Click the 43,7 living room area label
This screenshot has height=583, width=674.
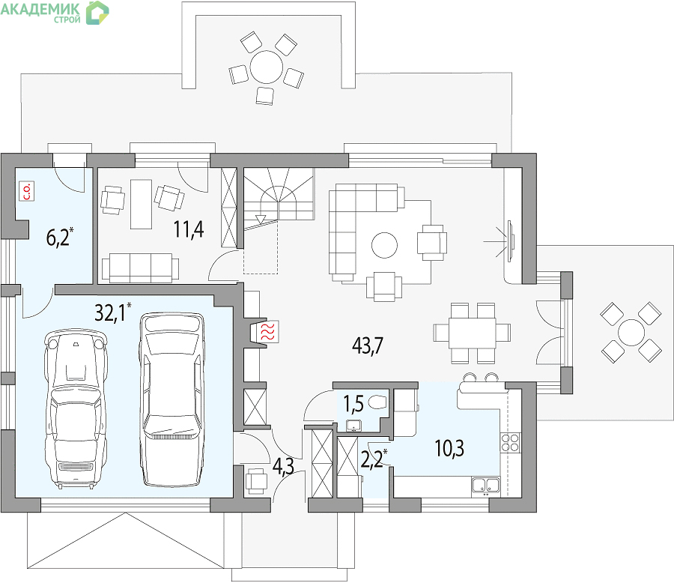point(368,345)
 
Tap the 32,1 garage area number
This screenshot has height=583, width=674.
point(111,312)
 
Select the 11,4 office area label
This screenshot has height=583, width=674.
point(189,229)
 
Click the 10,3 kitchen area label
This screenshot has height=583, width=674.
point(449,449)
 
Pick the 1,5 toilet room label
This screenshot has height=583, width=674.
point(353,404)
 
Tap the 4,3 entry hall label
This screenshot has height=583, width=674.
point(283,468)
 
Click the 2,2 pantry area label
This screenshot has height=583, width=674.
point(371,459)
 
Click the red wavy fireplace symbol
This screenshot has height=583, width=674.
point(268,331)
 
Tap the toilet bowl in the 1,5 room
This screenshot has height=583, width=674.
point(377,402)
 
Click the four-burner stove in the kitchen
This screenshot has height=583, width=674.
point(510,443)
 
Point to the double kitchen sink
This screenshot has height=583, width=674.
point(486,485)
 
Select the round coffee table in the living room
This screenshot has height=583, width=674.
point(384,245)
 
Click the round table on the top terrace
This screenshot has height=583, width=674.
point(267,67)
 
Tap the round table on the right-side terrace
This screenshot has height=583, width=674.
point(631,333)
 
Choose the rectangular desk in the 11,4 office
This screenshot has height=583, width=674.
point(141,205)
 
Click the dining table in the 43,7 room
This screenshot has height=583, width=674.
point(472,333)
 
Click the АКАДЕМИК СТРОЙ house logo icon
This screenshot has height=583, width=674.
point(97,13)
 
